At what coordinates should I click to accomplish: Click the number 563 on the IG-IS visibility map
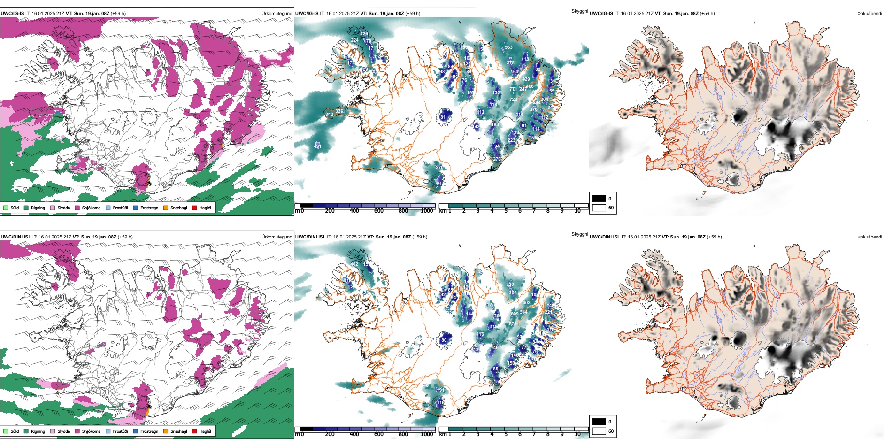click(508, 47)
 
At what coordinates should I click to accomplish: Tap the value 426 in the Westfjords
click(364, 34)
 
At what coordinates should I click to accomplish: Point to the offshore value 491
click(318, 146)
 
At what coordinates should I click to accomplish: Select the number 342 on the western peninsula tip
click(329, 115)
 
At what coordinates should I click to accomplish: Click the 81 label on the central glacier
click(443, 117)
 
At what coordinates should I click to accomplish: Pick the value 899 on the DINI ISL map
click(515, 314)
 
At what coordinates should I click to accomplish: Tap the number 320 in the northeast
click(510, 285)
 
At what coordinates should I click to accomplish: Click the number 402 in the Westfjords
click(354, 264)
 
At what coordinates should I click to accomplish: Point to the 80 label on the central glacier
click(444, 340)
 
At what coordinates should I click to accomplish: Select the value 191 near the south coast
click(440, 390)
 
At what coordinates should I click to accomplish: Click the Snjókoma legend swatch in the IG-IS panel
click(77, 208)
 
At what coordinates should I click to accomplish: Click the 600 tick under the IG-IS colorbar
click(378, 211)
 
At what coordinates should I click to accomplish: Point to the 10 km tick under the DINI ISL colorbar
click(577, 434)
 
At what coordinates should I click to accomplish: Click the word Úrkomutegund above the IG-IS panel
click(277, 14)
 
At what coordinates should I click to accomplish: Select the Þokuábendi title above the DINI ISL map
click(869, 237)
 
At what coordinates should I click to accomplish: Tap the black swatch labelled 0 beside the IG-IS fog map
click(599, 199)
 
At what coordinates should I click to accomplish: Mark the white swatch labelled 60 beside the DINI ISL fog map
click(599, 431)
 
